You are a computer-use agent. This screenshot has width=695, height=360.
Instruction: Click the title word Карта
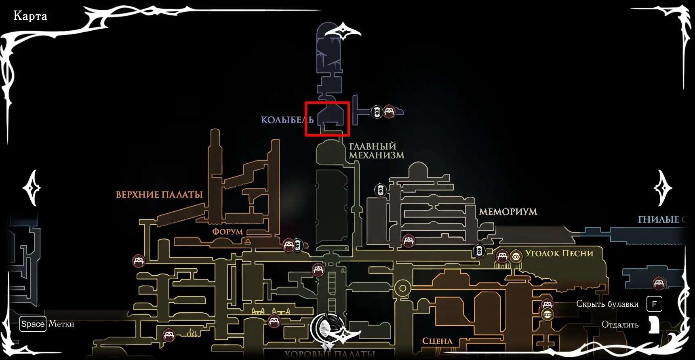point(30,16)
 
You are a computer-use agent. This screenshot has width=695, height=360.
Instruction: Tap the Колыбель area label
point(287,120)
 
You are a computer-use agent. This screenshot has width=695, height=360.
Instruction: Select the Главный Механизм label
point(376,151)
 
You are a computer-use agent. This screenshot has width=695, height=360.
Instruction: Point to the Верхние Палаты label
point(159,195)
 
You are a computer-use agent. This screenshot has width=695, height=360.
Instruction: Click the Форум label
point(227,232)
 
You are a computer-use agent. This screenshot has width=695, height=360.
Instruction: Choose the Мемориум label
point(508,212)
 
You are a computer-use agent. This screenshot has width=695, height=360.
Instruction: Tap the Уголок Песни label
point(559,253)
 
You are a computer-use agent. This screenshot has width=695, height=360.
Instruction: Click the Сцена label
point(437,341)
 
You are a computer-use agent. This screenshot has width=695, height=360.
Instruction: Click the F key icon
point(654,304)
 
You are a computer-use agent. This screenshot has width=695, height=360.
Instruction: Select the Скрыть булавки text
point(607,304)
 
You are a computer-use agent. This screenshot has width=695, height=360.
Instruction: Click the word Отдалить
point(620,325)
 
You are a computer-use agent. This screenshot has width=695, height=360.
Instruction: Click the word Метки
point(61,324)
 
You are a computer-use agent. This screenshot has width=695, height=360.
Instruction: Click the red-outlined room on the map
point(327,119)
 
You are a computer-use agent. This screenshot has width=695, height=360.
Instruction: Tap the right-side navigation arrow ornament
point(662,188)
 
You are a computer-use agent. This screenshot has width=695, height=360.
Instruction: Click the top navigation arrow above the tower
point(343,32)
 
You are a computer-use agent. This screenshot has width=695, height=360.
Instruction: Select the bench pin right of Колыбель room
point(389,111)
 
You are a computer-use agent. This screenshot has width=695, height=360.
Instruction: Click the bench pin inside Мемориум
point(409,241)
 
